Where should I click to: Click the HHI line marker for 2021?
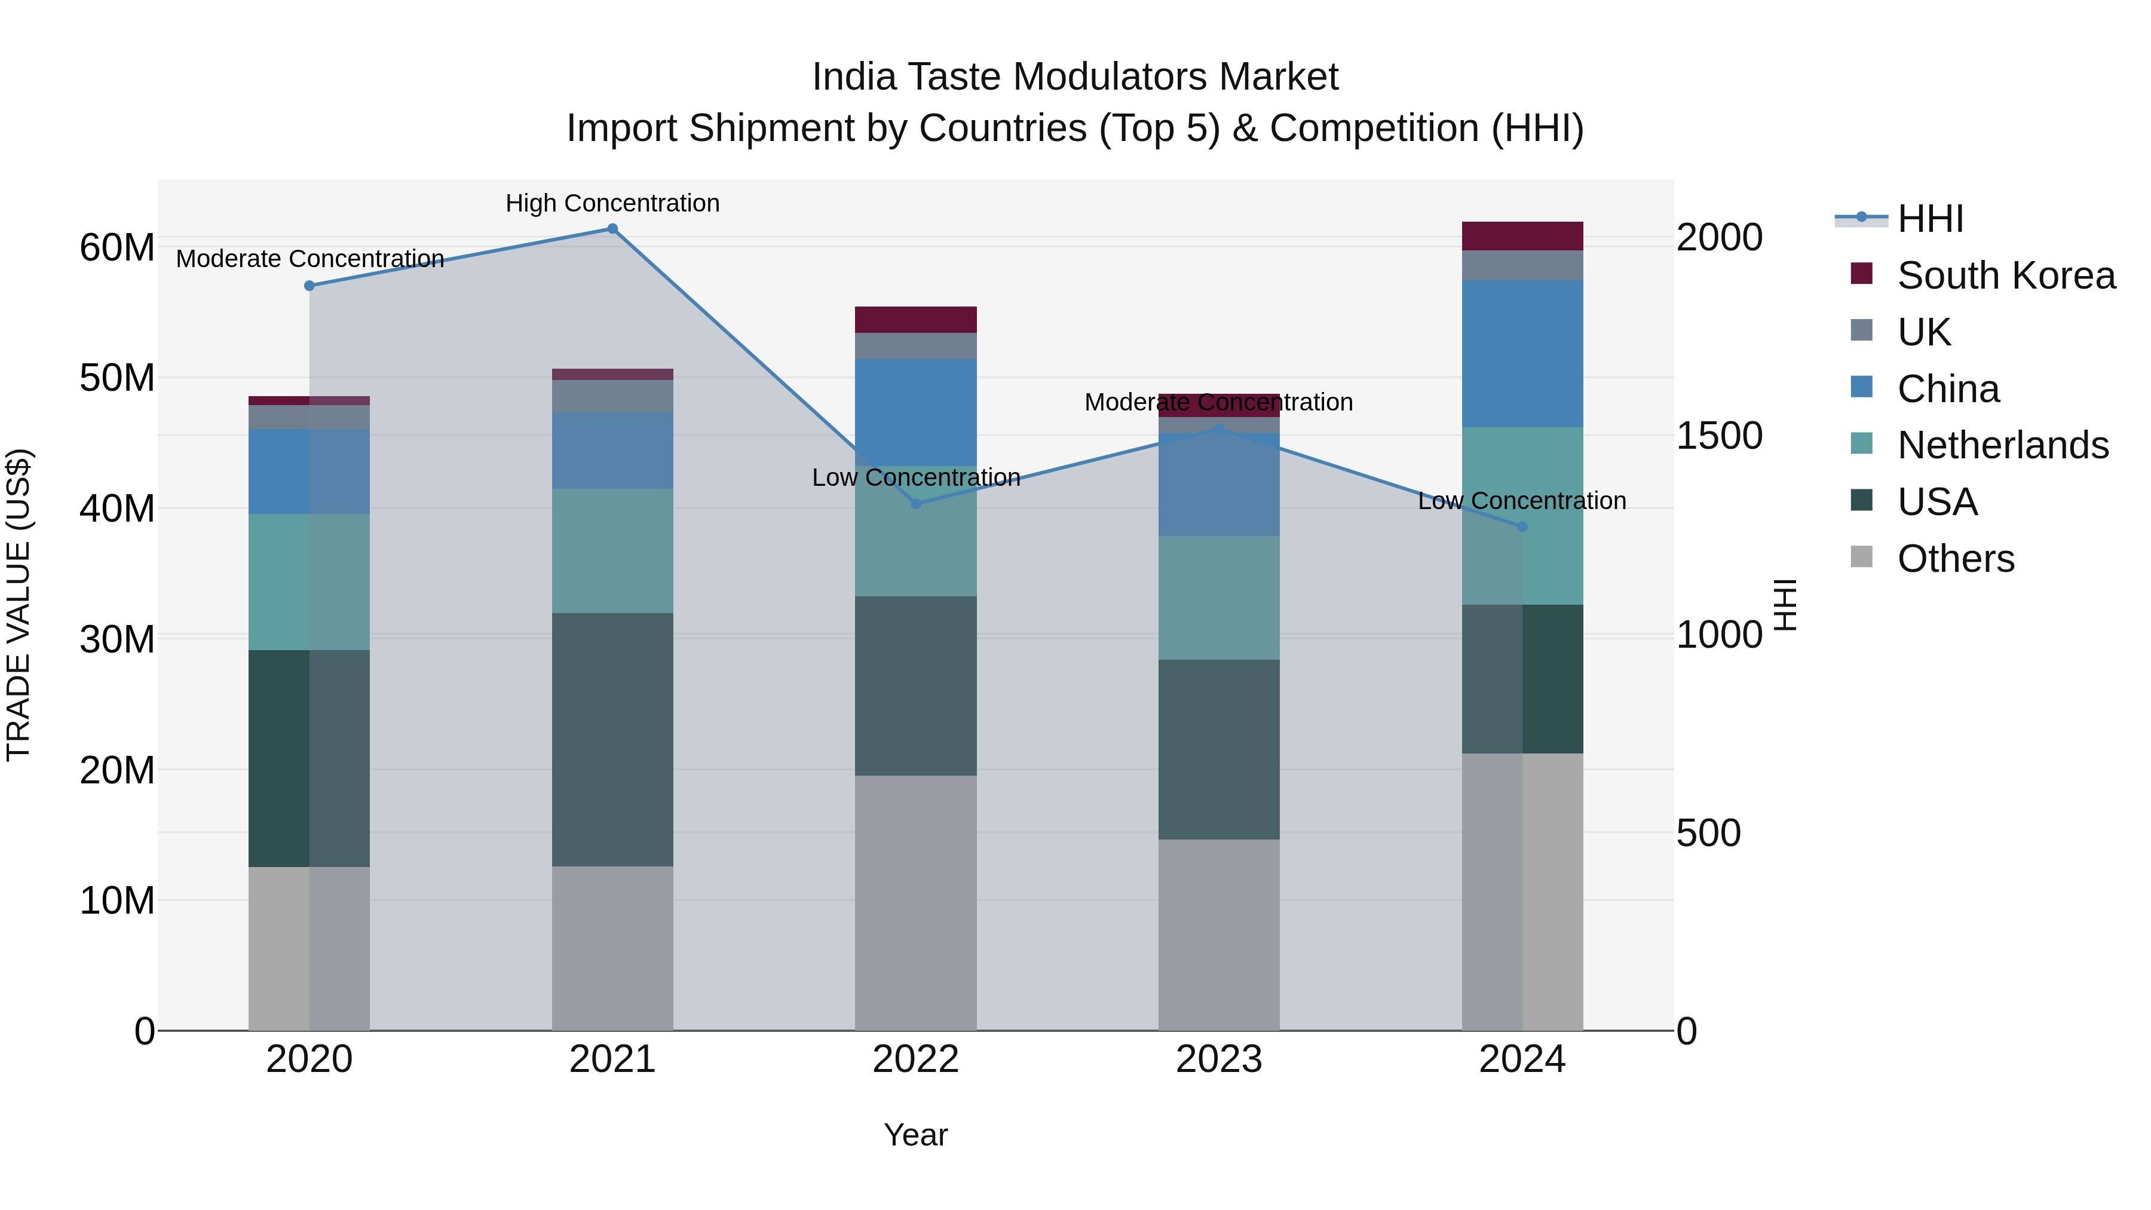pos(612,229)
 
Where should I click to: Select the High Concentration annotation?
pos(612,203)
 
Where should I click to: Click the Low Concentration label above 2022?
pos(916,477)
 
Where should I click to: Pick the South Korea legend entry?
pos(2006,275)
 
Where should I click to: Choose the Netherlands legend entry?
pos(2002,445)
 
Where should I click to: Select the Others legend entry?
pos(1955,559)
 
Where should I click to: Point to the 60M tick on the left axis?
pos(117,247)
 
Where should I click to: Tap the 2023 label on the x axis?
pos(1218,1059)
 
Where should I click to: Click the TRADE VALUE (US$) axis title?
pos(19,605)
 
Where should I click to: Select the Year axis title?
pos(915,1135)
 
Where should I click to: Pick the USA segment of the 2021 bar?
pos(612,739)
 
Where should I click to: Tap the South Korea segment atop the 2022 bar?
pos(915,320)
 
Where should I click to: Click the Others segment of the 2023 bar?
pos(1218,935)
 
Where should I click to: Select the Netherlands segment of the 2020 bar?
pos(309,582)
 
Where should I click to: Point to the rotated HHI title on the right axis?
pos(1784,605)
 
